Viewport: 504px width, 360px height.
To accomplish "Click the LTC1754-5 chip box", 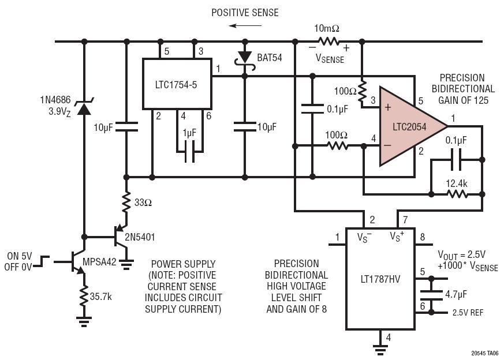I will click(x=177, y=83).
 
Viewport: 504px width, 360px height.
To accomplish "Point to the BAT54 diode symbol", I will click(x=245, y=58).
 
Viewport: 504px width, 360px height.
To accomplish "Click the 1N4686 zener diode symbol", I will click(x=84, y=107).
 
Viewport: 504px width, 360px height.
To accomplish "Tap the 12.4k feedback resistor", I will click(x=457, y=194).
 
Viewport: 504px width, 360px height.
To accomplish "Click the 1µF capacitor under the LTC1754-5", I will click(x=189, y=155).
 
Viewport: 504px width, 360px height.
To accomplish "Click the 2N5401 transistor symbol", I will click(x=121, y=237).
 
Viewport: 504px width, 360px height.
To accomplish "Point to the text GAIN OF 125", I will click(x=466, y=100).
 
